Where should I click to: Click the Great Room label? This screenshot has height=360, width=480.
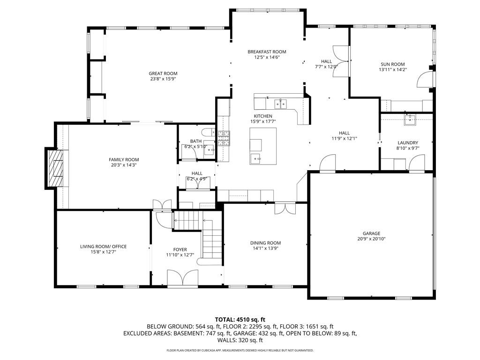coord(163,74)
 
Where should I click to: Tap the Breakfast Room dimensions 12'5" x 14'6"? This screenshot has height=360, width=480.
coord(267,57)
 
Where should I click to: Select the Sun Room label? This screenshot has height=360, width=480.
coord(393,64)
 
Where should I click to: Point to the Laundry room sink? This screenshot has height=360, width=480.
coord(410,120)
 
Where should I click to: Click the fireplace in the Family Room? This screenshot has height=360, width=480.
coord(56,168)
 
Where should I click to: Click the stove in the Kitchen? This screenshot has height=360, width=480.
coord(224,138)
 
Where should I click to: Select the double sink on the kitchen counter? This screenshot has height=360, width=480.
coord(280,104)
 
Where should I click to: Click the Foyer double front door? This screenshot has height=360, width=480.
coord(183,278)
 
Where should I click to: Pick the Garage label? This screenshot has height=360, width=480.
coord(371,233)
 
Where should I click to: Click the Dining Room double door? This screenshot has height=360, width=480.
coord(285,208)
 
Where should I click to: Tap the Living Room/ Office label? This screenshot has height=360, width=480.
coord(103,247)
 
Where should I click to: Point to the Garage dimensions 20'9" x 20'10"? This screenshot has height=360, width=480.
coord(371,239)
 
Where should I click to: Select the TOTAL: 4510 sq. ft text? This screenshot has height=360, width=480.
coord(240,320)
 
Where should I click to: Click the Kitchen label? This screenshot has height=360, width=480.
coord(263,116)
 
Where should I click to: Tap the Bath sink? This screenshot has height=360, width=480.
coord(210,150)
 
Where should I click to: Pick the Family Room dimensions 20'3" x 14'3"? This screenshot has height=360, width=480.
coord(124,165)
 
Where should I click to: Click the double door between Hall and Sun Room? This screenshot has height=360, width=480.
coord(340,61)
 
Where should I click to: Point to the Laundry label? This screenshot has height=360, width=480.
coord(408,142)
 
